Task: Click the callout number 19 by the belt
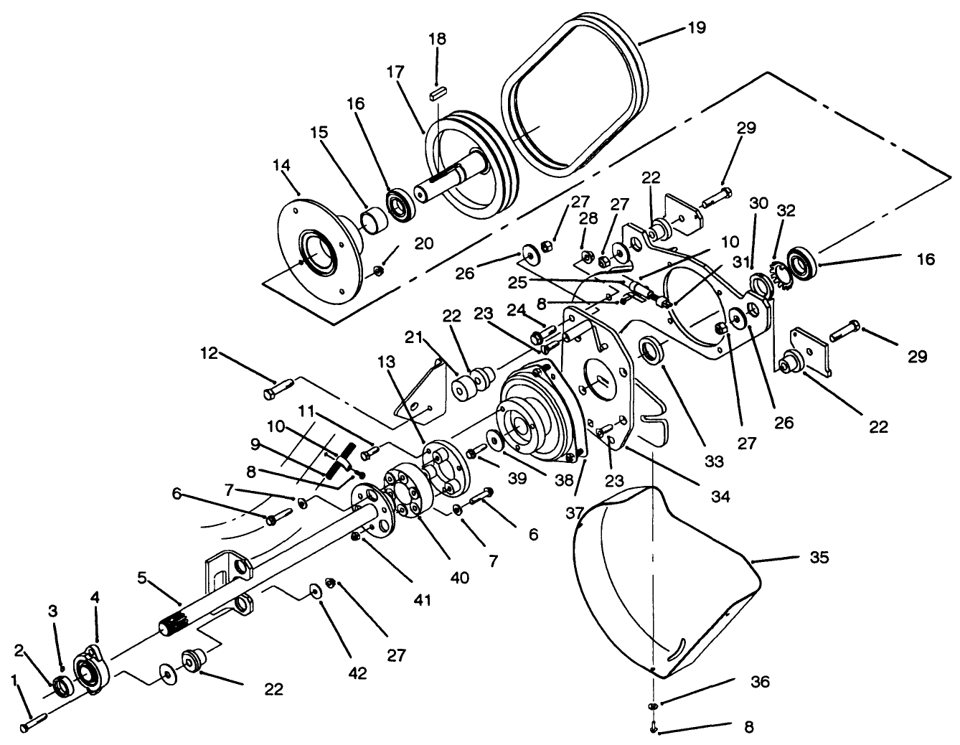(x=696, y=28)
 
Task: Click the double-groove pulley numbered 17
(x=466, y=165)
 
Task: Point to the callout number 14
(x=281, y=165)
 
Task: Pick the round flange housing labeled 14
(x=316, y=251)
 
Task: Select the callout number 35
(x=819, y=557)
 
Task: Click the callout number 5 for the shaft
(x=141, y=576)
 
